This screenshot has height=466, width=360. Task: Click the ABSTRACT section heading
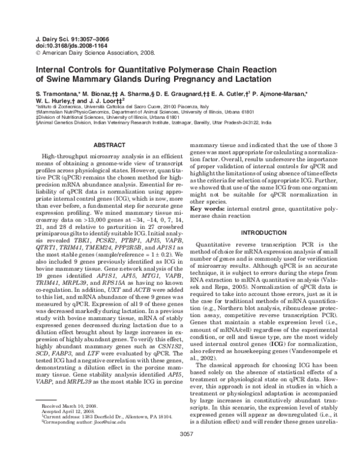tap(109, 145)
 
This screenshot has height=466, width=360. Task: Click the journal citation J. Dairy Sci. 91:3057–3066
tap(66, 38)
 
